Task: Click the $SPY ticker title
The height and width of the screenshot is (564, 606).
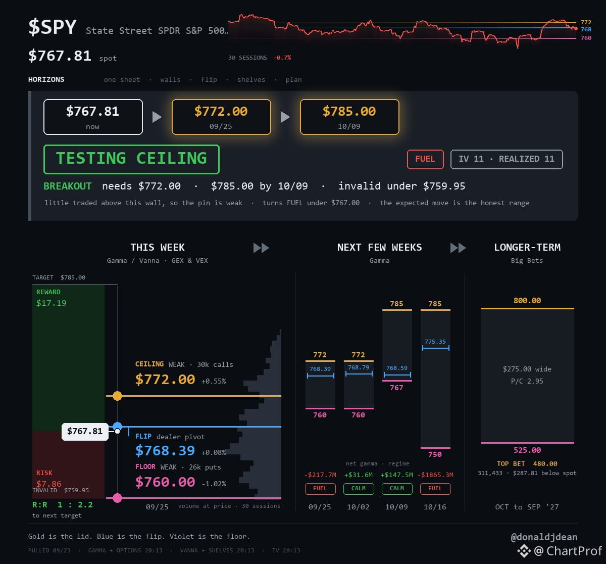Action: (52, 27)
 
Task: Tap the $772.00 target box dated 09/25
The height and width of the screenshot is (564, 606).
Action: (221, 117)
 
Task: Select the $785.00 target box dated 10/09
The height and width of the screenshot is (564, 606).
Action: (349, 117)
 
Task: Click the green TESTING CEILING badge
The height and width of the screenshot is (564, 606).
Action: (131, 159)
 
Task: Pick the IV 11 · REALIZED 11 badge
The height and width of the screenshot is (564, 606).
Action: (507, 159)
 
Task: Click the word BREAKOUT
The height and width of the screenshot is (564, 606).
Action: (68, 186)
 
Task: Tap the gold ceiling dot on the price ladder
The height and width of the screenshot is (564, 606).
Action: (117, 396)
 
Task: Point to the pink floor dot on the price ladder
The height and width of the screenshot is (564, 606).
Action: (117, 498)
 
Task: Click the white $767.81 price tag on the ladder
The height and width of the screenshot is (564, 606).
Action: (85, 431)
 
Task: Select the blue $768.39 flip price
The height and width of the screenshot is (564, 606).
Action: (165, 451)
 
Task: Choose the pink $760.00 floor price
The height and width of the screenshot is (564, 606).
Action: (165, 482)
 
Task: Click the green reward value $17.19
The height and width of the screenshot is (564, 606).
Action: (52, 303)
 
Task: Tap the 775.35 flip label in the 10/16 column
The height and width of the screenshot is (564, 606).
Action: (435, 342)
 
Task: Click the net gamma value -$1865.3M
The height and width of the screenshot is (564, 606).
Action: (435, 475)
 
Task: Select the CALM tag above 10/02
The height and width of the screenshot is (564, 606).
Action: (359, 489)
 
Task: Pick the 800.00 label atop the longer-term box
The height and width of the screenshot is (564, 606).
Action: (527, 301)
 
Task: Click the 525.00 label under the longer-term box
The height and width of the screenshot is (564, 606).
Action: (527, 450)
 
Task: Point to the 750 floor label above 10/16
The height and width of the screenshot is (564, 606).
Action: (435, 454)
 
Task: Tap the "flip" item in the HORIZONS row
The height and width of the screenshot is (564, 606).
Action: (209, 80)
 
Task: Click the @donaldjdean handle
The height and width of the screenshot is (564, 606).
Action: (544, 537)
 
